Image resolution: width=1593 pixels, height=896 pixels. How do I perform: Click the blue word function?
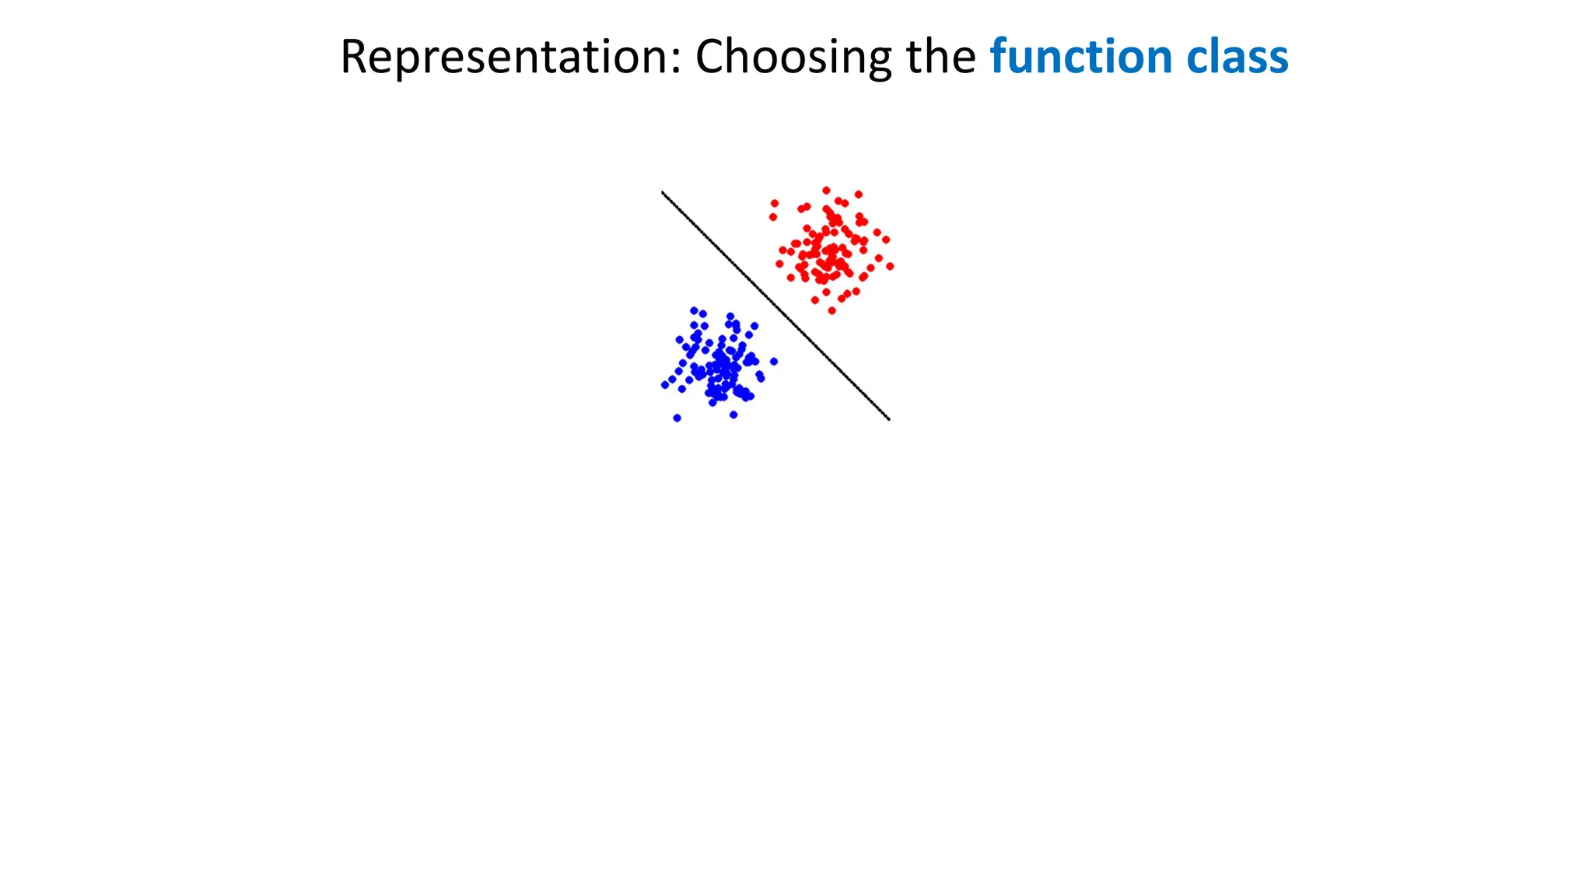pos(1081,57)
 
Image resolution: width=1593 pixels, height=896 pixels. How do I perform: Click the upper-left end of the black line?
pos(663,192)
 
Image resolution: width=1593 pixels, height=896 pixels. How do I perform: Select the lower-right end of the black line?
pos(889,419)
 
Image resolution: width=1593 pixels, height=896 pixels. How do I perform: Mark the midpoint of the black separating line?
pos(775,306)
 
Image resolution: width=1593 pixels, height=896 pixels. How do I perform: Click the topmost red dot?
pos(826,191)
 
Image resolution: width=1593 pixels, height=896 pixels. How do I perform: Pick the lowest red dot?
pos(832,310)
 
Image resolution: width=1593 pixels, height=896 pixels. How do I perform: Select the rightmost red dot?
pos(890,266)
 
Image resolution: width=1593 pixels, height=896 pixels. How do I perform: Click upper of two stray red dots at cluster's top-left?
pos(774,203)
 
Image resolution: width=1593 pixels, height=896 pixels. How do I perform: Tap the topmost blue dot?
pos(694,310)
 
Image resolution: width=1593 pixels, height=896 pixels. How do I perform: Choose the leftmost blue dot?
pos(664,385)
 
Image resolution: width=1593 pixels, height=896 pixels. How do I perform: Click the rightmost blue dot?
pos(773,361)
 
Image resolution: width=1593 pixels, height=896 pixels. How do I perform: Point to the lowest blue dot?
pos(677,418)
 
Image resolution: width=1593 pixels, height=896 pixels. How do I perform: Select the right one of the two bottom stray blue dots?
pos(733,415)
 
